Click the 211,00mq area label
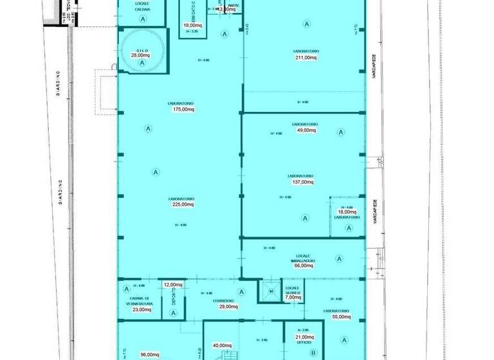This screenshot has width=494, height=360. pos(306,57)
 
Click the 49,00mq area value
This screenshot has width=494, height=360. pos(306,130)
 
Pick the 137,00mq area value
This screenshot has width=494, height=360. pos(304,182)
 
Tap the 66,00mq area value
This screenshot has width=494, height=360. pos(303,265)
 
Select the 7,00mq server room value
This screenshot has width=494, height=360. pos(293,297)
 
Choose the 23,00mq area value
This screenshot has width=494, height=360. pos(141,310)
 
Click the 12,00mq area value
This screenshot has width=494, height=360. pos(172,284)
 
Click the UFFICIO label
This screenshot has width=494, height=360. pos(304,343)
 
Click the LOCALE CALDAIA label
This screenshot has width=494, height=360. pos(143,6)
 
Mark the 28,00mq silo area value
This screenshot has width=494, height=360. pos(140,55)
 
